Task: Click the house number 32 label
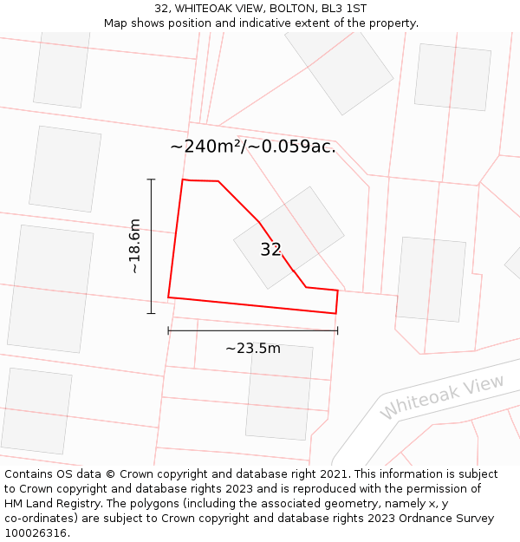click(x=270, y=250)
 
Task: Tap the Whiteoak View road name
click(x=442, y=397)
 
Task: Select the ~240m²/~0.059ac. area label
click(x=253, y=147)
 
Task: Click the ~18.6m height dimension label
click(x=134, y=246)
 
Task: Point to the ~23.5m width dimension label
click(x=253, y=349)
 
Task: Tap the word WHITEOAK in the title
click(x=202, y=8)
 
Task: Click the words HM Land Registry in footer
click(x=45, y=503)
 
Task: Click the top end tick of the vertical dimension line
click(x=151, y=180)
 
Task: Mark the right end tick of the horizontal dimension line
click(x=337, y=330)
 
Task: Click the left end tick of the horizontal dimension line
click(x=168, y=330)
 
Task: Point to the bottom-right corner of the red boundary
click(x=335, y=313)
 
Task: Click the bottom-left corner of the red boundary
click(x=168, y=297)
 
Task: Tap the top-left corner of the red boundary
click(x=183, y=180)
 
